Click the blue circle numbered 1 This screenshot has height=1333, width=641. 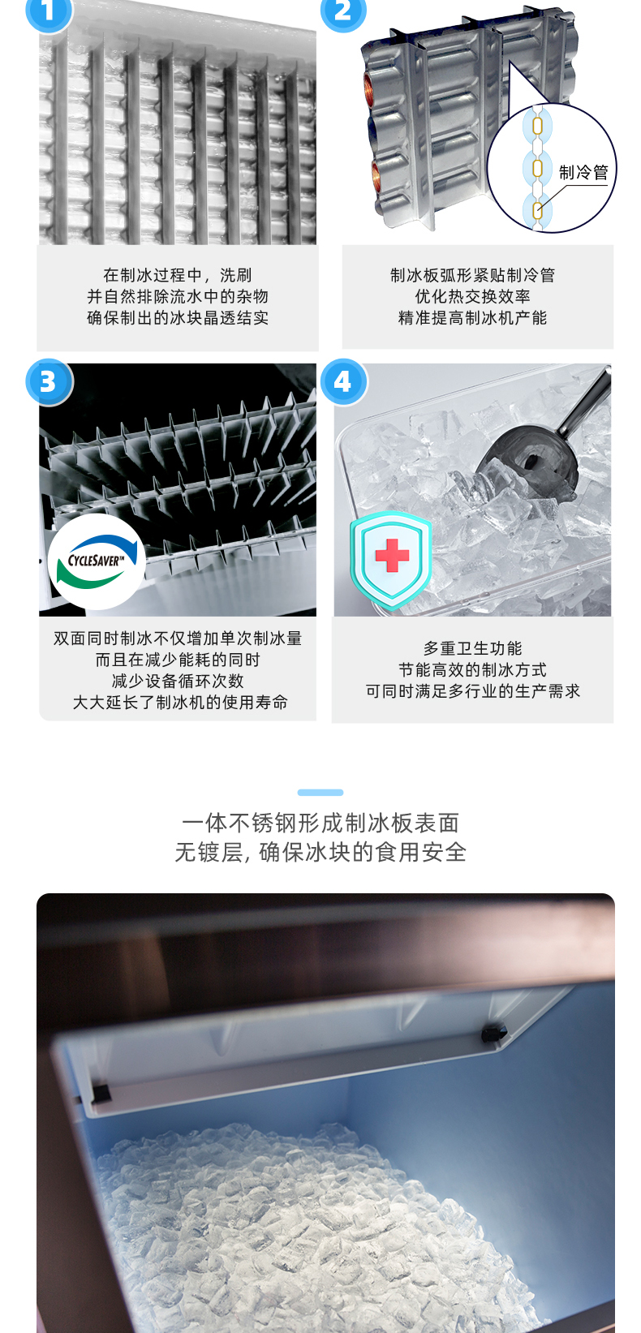pyautogui.click(x=49, y=10)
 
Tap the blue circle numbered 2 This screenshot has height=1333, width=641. pyautogui.click(x=343, y=10)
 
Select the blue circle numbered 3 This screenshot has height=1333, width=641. pyautogui.click(x=49, y=382)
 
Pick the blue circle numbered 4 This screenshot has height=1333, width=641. pyautogui.click(x=343, y=382)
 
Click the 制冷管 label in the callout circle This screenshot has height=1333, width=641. pyautogui.click(x=583, y=173)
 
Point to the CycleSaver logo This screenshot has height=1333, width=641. pyautogui.click(x=97, y=561)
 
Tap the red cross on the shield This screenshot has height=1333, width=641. pyautogui.click(x=392, y=555)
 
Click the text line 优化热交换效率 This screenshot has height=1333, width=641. pyautogui.click(x=472, y=296)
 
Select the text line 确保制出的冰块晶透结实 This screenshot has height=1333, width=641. pyautogui.click(x=178, y=318)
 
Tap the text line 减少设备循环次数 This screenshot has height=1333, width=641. pyautogui.click(x=178, y=681)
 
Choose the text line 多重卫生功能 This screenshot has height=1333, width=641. pyautogui.click(x=472, y=648)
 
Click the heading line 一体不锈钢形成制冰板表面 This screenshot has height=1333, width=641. pyautogui.click(x=320, y=823)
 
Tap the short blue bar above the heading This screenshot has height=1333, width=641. pyautogui.click(x=320, y=792)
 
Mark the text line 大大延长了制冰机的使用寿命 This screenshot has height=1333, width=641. pyautogui.click(x=180, y=703)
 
